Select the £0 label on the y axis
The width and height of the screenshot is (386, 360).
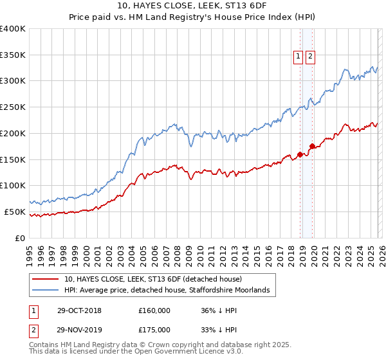point(21,238)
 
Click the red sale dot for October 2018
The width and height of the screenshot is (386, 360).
point(300,154)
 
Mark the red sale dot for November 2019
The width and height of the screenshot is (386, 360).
point(312,146)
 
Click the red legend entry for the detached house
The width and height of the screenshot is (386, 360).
point(152,280)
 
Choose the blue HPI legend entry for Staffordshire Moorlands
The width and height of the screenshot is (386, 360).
point(170,291)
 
